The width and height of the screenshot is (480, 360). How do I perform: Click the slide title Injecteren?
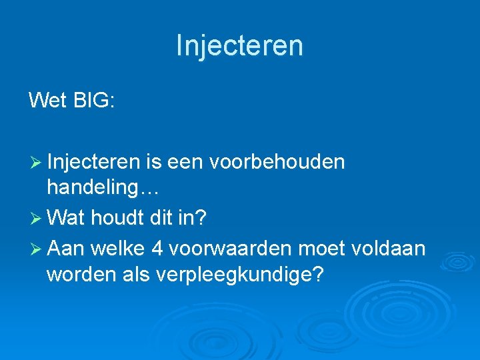(239, 45)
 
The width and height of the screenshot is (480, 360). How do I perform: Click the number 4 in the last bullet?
(157, 247)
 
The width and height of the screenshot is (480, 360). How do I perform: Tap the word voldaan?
(389, 247)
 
